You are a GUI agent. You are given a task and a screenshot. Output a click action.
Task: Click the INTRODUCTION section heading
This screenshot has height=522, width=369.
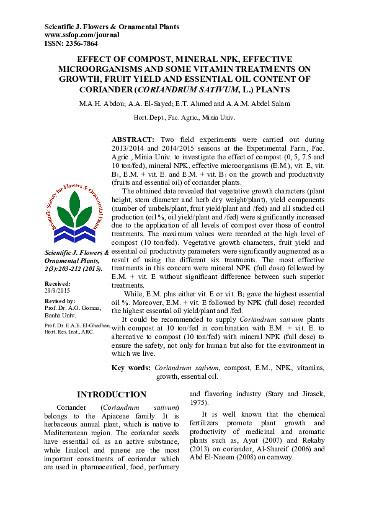(111, 394)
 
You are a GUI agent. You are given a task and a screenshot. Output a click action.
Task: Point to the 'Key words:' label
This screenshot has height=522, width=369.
(130, 368)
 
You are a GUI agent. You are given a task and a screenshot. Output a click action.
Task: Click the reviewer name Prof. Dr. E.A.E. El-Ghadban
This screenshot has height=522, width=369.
(78, 325)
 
